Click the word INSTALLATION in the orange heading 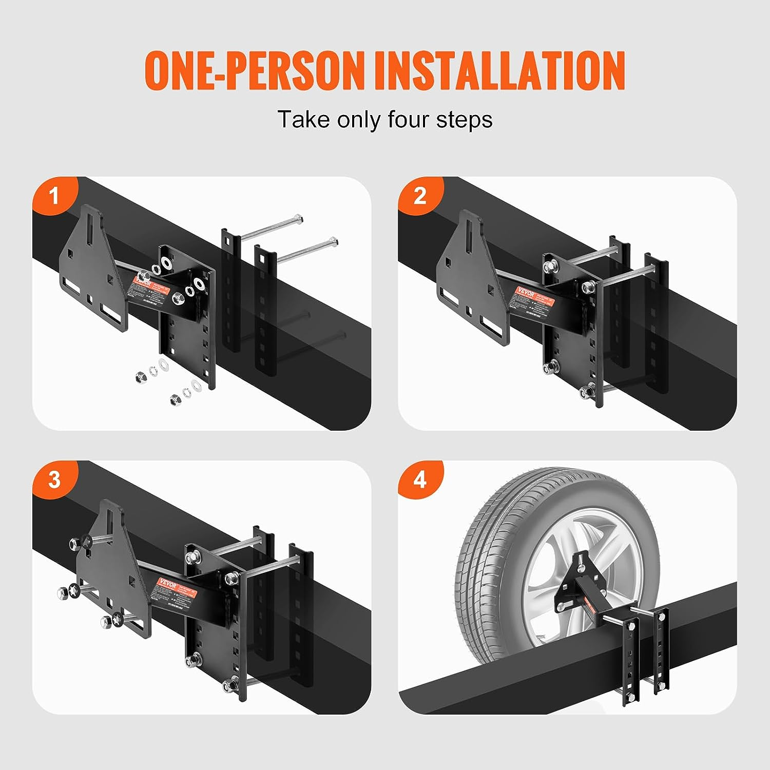coord(499,70)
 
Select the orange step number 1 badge coord(54,196)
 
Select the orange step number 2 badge coord(420,196)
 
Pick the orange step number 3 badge coord(54,480)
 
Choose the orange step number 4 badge coord(420,480)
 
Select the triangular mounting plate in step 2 coord(465,267)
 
